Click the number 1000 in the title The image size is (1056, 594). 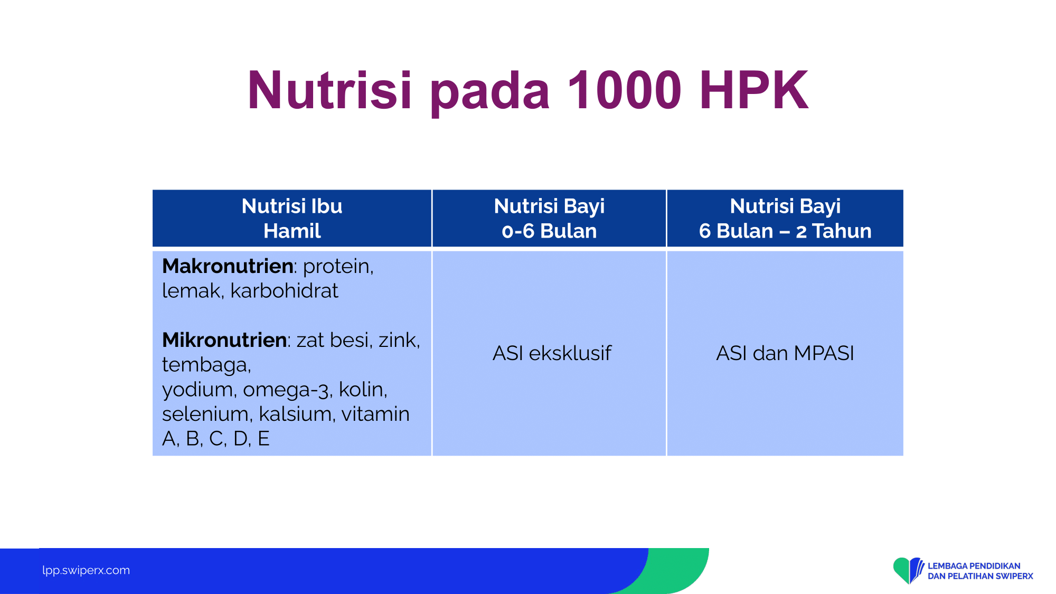(x=625, y=90)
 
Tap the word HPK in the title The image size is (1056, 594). (x=755, y=90)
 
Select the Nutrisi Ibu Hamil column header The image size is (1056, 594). (x=292, y=218)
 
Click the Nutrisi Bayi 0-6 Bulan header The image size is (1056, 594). (x=549, y=218)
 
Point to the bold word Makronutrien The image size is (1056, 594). (x=228, y=266)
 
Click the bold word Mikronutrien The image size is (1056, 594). (x=224, y=340)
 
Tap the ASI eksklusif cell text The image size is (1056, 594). (x=552, y=353)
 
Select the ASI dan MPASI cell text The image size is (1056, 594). (x=785, y=353)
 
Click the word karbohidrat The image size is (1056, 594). (x=284, y=291)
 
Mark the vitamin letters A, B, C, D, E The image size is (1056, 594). (x=216, y=439)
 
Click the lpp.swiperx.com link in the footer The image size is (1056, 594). (x=86, y=570)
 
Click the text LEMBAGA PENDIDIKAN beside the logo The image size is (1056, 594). (x=974, y=566)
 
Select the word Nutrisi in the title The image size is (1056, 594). (x=329, y=90)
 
